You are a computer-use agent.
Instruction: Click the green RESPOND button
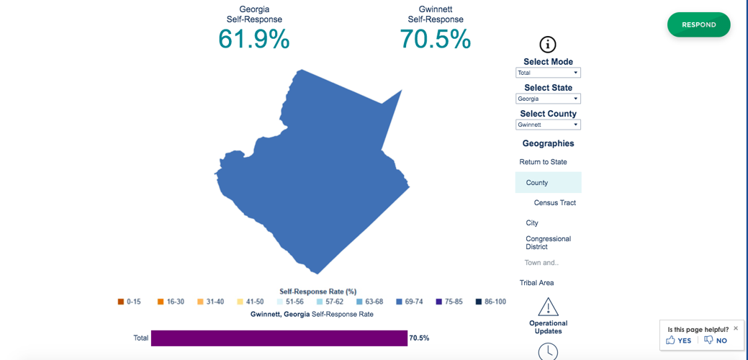[x=698, y=24]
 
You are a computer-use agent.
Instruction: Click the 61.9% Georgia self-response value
[x=253, y=39]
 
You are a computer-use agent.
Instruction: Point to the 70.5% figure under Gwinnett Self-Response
[x=435, y=39]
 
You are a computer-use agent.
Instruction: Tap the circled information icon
[x=548, y=44]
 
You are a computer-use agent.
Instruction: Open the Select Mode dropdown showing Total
[x=548, y=73]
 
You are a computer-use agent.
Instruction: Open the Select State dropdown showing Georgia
[x=548, y=99]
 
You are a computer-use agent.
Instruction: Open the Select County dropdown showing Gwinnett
[x=548, y=125]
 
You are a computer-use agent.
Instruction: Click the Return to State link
[x=543, y=162]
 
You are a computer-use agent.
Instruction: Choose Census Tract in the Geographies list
[x=554, y=203]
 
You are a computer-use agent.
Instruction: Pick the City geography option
[x=532, y=223]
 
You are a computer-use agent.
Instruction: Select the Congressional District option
[x=548, y=243]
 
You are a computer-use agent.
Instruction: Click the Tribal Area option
[x=536, y=283]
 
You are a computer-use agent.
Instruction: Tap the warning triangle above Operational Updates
[x=548, y=307]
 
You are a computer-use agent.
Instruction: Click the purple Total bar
[x=279, y=338]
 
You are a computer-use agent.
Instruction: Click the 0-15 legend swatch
[x=121, y=302]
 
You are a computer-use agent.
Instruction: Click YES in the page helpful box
[x=678, y=341]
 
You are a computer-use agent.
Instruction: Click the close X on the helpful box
[x=735, y=328]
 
